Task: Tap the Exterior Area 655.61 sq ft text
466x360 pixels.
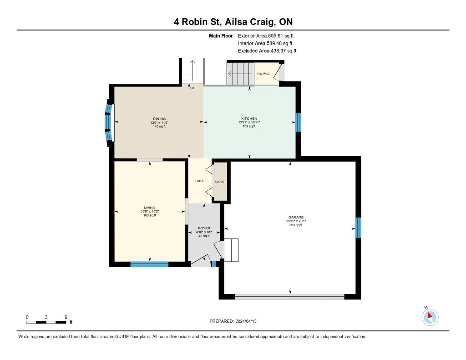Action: (266, 35)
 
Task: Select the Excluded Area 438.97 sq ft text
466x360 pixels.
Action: (267, 51)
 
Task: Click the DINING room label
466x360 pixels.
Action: (159, 119)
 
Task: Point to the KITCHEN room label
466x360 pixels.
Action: (249, 118)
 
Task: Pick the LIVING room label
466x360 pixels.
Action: (150, 208)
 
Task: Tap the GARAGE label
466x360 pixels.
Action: (296, 217)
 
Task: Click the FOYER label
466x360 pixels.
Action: (204, 228)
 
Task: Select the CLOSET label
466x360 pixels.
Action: (221, 181)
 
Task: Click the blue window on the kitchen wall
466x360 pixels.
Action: (299, 122)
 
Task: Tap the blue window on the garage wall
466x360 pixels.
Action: (359, 228)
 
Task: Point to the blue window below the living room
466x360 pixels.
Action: (149, 264)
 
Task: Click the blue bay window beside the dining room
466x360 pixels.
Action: (108, 122)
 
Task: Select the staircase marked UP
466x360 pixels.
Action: (193, 71)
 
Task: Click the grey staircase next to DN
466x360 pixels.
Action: (240, 74)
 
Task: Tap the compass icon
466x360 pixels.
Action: (430, 317)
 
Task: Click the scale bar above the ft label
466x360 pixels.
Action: (46, 322)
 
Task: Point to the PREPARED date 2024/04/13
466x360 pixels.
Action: (233, 321)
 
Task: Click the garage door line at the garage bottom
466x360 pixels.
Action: (289, 296)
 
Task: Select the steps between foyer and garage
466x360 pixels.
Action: (231, 250)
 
